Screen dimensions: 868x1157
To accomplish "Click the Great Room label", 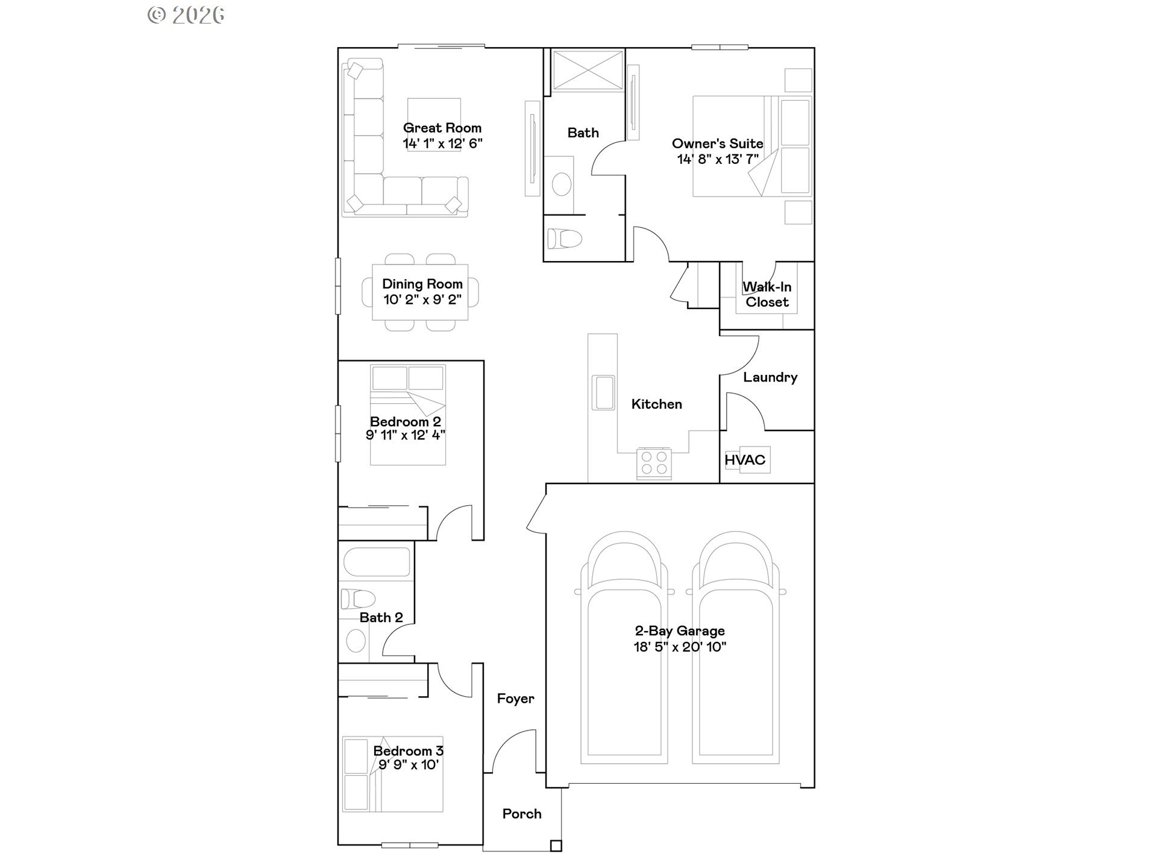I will pos(442,128).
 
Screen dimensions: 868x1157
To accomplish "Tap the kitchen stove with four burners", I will pos(654,464).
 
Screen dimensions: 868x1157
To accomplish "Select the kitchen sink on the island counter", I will pos(603,392).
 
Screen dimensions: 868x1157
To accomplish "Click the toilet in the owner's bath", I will pos(565,239).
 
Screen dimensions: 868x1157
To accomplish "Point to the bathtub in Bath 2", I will pos(377,561).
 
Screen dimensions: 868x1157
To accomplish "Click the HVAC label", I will pos(745,460).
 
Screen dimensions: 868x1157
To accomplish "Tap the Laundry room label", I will pos(770,377).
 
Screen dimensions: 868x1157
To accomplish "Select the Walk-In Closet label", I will pos(767,295).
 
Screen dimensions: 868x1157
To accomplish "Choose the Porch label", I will pos(522,814).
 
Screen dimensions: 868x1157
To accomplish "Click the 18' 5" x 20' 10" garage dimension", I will pos(680,647).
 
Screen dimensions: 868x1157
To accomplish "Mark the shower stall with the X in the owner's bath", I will pos(588,71).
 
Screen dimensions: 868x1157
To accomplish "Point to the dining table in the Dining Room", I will pos(420,292).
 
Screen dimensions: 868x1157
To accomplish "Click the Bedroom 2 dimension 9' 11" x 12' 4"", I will pos(405,435).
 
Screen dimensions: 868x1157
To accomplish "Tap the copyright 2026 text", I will pos(186,15).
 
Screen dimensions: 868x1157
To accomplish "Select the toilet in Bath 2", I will pos(357,599).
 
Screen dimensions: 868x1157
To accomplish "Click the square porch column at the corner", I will pos(556,846).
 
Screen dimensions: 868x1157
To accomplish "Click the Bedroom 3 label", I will pos(408,750).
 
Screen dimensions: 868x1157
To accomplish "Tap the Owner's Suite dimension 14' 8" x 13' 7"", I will pos(717,160).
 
